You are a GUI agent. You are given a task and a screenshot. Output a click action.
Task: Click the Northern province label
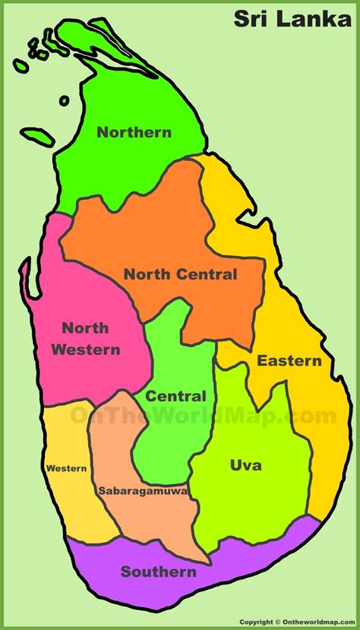[x=134, y=132]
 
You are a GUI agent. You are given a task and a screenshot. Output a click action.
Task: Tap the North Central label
[x=181, y=274]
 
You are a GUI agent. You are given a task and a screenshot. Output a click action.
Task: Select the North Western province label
[x=91, y=339]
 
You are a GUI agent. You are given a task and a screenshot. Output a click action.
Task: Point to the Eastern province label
[x=289, y=360]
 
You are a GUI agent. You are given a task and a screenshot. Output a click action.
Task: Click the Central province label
[x=175, y=396]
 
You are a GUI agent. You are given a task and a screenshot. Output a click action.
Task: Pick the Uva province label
[x=245, y=465]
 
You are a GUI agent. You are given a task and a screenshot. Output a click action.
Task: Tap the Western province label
[x=66, y=468]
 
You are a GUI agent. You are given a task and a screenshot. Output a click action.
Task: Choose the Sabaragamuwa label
[x=143, y=491]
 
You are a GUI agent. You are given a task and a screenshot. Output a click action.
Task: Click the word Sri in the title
[x=251, y=19]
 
